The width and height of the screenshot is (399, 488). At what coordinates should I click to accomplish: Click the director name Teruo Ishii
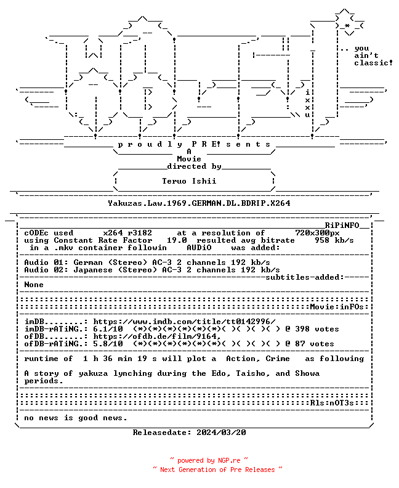click(189, 181)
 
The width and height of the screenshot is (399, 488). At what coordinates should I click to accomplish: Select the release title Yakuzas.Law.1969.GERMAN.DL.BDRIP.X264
click(199, 203)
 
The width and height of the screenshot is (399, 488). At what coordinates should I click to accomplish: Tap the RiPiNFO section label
click(342, 226)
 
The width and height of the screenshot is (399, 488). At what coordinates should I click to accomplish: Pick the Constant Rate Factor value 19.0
click(177, 240)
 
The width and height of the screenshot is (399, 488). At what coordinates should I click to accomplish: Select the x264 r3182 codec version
click(127, 233)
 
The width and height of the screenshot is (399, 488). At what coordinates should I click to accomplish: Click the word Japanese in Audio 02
click(93, 270)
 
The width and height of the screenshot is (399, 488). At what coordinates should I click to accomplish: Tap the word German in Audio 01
click(88, 262)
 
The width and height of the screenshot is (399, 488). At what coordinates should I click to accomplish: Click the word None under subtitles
click(34, 285)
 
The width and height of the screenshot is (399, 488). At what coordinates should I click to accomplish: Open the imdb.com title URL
click(185, 322)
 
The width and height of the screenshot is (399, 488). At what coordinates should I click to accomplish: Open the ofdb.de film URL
click(157, 336)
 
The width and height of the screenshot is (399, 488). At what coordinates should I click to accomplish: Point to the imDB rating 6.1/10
click(108, 329)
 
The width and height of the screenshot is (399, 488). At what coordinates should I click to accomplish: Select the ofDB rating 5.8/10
click(108, 344)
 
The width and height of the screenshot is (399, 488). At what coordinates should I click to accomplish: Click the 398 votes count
click(317, 329)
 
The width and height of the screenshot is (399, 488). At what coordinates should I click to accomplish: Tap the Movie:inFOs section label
click(337, 307)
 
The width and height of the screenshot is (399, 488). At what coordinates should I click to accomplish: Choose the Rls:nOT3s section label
click(332, 403)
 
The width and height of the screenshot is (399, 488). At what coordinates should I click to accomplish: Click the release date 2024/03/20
click(221, 433)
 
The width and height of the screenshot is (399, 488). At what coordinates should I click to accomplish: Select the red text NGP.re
click(229, 461)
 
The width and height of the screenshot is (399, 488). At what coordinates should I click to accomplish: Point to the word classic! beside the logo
click(374, 63)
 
